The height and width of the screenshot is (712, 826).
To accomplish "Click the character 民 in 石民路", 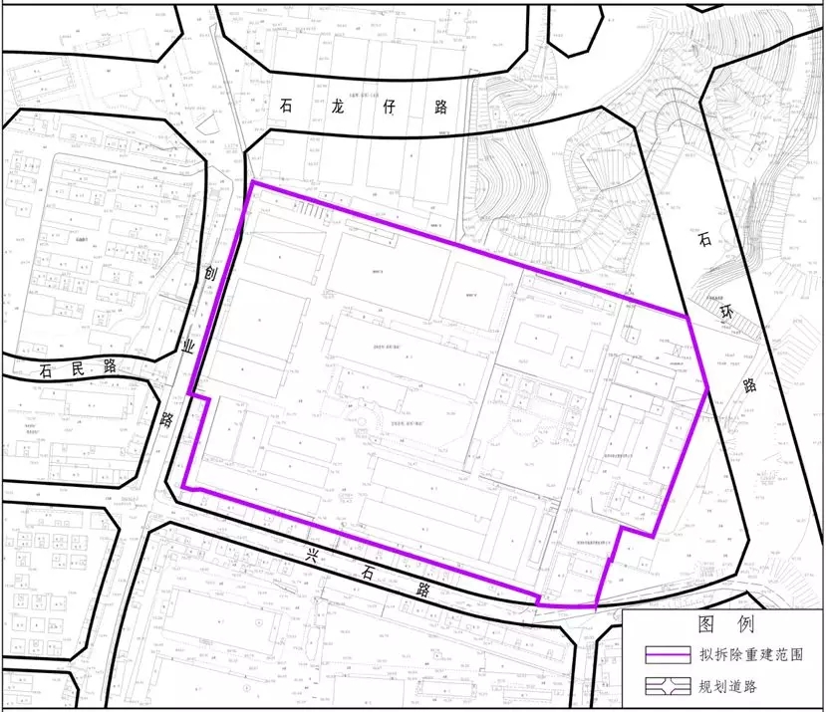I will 76,366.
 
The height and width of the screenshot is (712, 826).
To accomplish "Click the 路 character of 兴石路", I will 422,588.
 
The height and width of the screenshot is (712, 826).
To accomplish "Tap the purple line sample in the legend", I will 668,656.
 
